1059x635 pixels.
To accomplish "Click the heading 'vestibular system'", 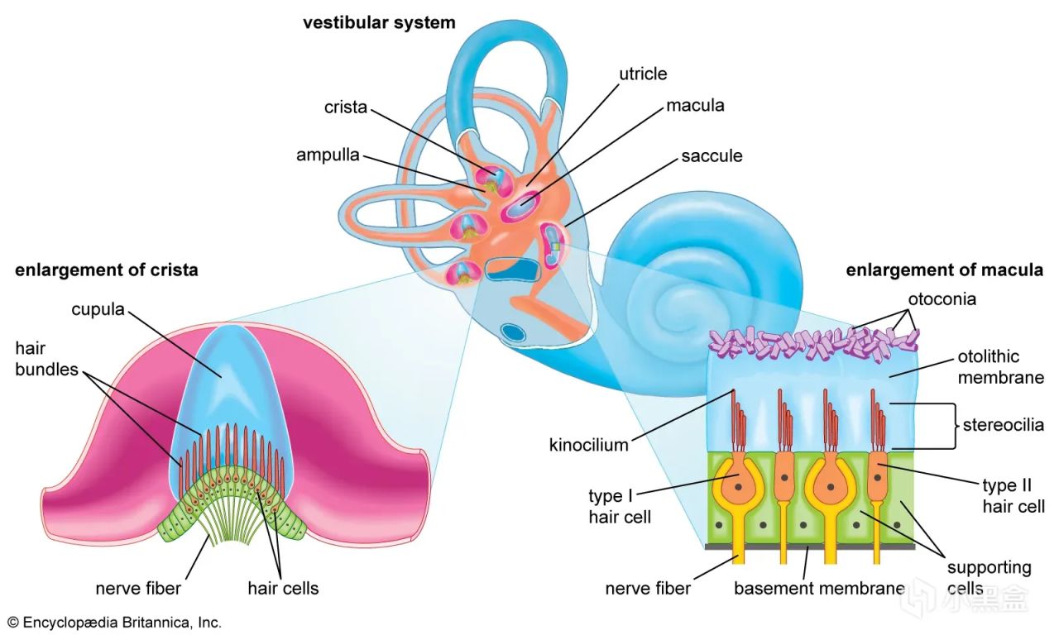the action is coord(379,22).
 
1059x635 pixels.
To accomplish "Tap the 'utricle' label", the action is coord(643,74).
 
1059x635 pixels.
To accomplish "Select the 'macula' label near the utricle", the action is coord(695,105).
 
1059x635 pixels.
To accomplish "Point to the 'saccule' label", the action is coord(712,156).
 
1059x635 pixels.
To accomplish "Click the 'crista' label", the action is coord(346,107).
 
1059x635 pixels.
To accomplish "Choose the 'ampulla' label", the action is coord(328,155).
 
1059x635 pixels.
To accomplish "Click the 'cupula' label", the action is coord(98,309).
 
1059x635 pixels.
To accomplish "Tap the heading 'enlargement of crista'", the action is coord(107,270).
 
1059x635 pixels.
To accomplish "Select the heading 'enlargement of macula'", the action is coord(944,270).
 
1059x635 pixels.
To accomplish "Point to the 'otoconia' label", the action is coord(942,299).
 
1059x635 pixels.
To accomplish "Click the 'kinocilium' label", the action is coord(588,445).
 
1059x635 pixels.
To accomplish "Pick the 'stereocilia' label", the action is coord(1004,425).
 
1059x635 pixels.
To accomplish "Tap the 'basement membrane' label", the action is coord(819,588).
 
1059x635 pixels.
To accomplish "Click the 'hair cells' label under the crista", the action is coord(283,588).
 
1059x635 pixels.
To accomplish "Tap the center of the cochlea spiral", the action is coord(673,306).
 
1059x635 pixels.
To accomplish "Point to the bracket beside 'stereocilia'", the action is coord(954,425).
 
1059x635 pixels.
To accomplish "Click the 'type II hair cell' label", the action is coord(1013,495).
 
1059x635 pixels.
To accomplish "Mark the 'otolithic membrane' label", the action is coord(1000,366).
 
